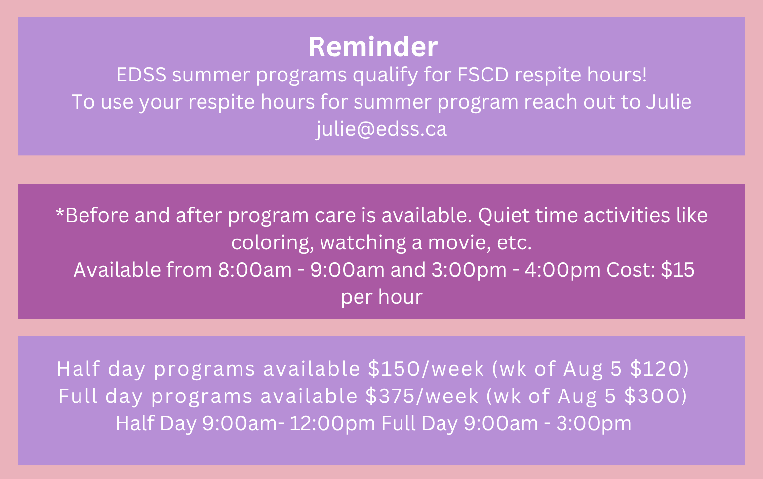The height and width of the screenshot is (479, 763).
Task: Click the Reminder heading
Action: pyautogui.click(x=373, y=47)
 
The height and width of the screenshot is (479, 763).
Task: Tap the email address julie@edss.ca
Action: pyautogui.click(x=381, y=129)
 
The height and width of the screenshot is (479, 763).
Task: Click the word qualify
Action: pyautogui.click(x=385, y=76)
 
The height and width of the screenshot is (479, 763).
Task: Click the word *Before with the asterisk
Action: pyautogui.click(x=92, y=215)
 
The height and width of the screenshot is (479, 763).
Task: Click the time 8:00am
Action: pyautogui.click(x=255, y=270)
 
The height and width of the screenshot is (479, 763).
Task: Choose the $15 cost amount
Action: pyautogui.click(x=678, y=270)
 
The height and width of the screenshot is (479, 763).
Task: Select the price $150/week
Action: pyautogui.click(x=426, y=369)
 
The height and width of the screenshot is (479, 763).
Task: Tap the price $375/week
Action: pyautogui.click(x=422, y=396)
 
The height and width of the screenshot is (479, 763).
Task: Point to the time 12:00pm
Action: pyautogui.click(x=332, y=424)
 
